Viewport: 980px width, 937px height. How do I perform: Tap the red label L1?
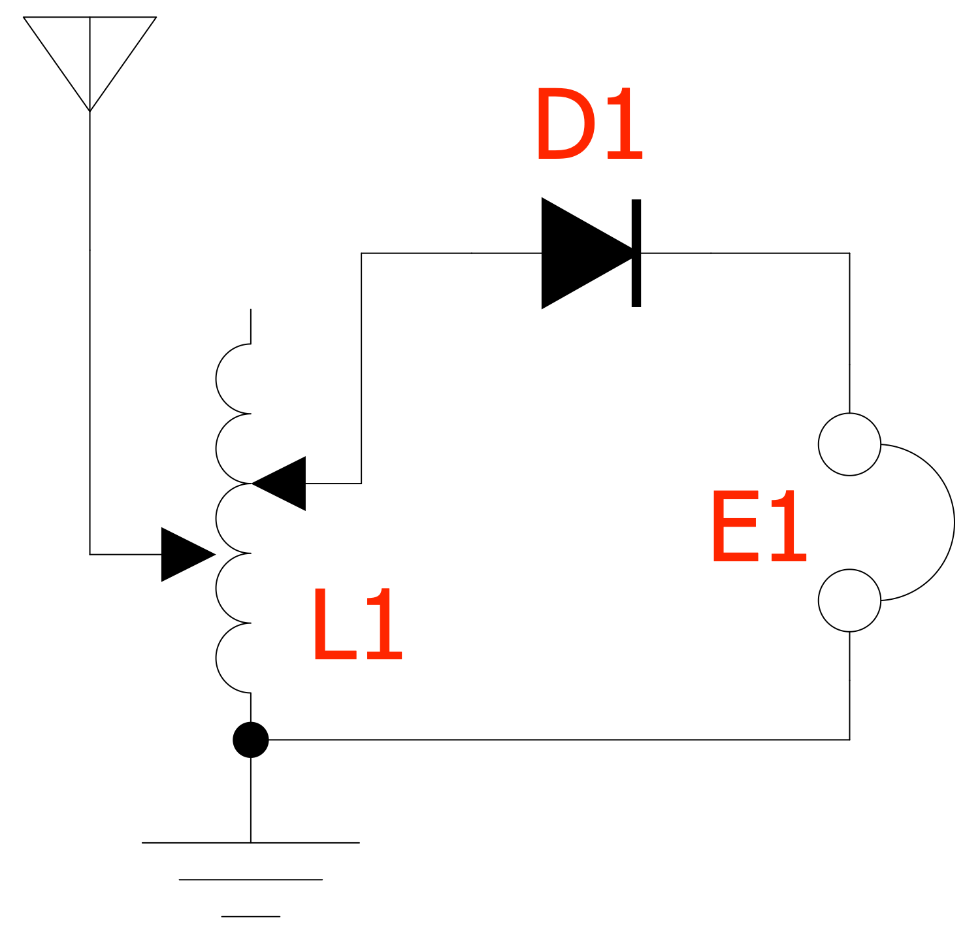point(357,625)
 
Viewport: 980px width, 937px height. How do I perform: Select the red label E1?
point(759,527)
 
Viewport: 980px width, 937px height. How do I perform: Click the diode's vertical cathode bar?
point(636,253)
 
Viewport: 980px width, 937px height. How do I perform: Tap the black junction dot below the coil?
point(251,740)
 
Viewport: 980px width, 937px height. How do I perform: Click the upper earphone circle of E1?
point(849,444)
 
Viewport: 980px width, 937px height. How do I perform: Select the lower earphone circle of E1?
point(849,600)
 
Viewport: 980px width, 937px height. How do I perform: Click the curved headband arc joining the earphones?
point(953,523)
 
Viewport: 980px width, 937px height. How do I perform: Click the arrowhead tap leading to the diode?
point(281,484)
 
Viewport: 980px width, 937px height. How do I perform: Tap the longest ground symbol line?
point(251,843)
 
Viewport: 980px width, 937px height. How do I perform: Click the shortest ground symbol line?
point(251,917)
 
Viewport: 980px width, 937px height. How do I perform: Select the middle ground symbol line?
point(251,879)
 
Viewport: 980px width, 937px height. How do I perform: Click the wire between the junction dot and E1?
point(555,740)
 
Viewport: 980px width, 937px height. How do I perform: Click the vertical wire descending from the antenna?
point(90,327)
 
